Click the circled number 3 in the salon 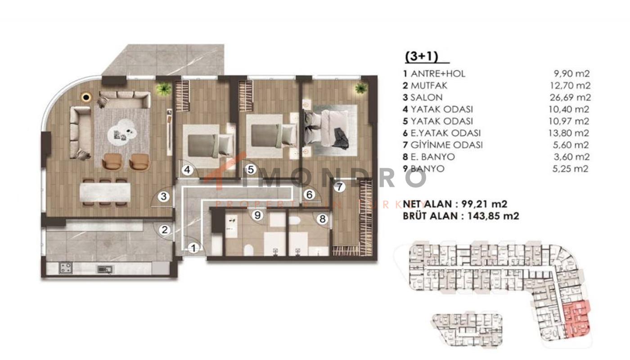click(164, 196)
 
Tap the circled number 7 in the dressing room click(339, 187)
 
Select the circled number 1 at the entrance click(193, 248)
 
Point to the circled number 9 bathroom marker click(257, 215)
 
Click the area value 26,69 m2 click(570, 97)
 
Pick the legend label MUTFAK click(429, 85)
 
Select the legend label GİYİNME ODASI click(446, 145)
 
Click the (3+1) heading click(422, 57)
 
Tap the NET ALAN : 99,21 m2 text click(455, 204)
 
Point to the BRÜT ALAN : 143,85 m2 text click(461, 216)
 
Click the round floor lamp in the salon click(86, 97)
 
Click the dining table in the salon click(105, 193)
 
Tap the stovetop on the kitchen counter click(65, 268)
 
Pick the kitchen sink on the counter click(105, 270)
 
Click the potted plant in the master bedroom click(361, 89)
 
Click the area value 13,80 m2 click(569, 133)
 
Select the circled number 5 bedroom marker click(251, 170)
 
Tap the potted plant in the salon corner click(164, 89)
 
